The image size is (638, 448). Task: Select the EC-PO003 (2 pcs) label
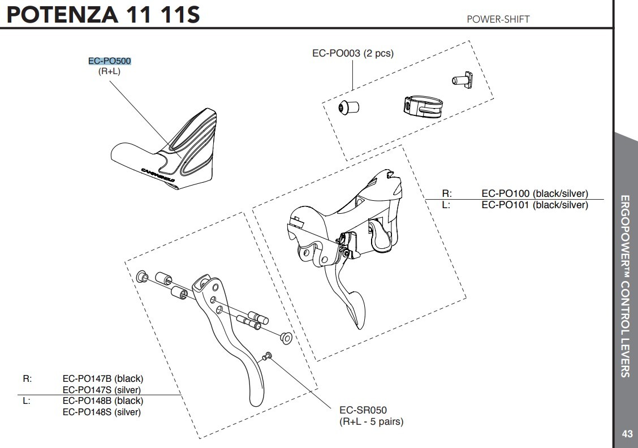pyautogui.click(x=352, y=54)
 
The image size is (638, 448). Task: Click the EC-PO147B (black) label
pyautogui.click(x=102, y=378)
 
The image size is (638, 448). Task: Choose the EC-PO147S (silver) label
pyautogui.click(x=101, y=390)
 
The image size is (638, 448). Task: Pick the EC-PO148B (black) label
pyautogui.click(x=102, y=401)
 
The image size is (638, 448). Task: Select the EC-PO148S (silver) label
pyautogui.click(x=101, y=412)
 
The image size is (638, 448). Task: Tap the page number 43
pyautogui.click(x=627, y=434)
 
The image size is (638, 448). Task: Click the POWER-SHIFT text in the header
pyautogui.click(x=498, y=19)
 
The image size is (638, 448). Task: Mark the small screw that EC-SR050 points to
pyautogui.click(x=268, y=356)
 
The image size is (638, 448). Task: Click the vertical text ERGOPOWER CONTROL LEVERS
pyautogui.click(x=625, y=286)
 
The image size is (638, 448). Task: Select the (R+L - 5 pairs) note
pyautogui.click(x=371, y=421)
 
